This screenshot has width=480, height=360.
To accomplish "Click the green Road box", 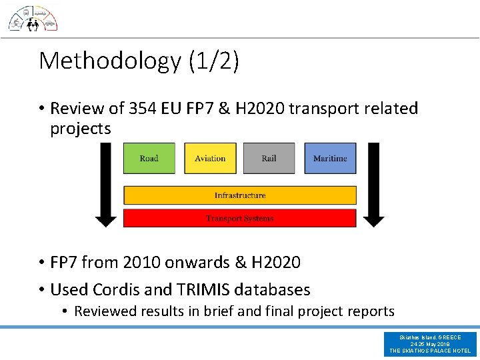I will click(x=149, y=159).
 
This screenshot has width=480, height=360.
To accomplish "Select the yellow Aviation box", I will click(x=210, y=159).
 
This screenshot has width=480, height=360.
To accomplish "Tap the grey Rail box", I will click(x=269, y=159).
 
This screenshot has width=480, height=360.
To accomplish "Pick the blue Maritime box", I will click(x=330, y=159).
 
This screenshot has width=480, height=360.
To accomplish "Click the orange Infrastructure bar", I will click(x=240, y=195).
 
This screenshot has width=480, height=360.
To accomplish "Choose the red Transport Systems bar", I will click(x=240, y=218).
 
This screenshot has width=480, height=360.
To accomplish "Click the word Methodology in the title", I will click(x=110, y=61).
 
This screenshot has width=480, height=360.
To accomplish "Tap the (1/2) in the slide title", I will click(x=213, y=61).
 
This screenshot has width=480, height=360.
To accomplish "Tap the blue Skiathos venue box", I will click(x=430, y=344).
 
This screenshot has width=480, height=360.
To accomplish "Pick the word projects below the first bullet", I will click(x=80, y=129).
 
